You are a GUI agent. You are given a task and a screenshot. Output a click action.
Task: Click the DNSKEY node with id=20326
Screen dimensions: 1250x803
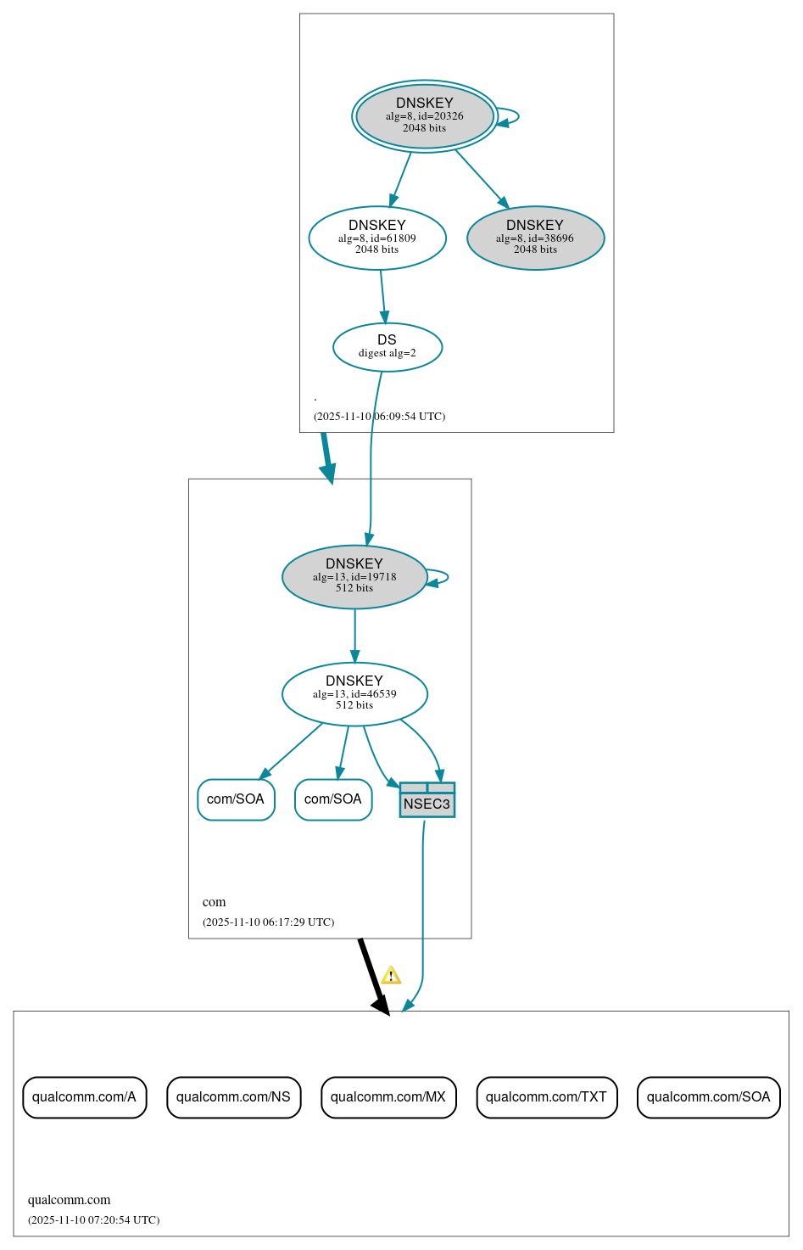pyautogui.click(x=424, y=116)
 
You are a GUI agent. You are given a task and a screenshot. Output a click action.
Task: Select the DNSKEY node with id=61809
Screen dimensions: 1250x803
pyautogui.click(x=377, y=238)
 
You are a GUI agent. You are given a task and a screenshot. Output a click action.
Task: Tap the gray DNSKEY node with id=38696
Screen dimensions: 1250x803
pyautogui.click(x=535, y=238)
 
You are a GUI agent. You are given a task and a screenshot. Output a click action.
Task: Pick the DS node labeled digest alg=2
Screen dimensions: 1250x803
pyautogui.click(x=387, y=347)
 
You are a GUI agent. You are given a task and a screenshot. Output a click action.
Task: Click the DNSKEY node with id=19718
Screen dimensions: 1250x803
pyautogui.click(x=354, y=577)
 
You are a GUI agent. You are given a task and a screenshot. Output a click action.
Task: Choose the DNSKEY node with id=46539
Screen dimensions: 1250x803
pyautogui.click(x=354, y=694)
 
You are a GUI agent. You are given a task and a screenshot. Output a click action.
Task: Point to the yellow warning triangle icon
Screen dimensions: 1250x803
pyautogui.click(x=391, y=976)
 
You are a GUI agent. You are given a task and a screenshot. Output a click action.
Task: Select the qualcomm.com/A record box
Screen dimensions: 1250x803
pyautogui.click(x=84, y=1097)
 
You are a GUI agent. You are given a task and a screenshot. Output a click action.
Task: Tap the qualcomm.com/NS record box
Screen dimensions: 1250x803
pyautogui.click(x=233, y=1097)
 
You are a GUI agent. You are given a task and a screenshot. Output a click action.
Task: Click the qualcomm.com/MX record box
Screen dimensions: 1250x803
pyautogui.click(x=388, y=1097)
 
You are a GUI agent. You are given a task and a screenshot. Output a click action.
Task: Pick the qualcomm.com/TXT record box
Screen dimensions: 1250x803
pyautogui.click(x=546, y=1097)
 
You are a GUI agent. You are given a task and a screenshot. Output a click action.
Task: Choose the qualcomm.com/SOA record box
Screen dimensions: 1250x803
pyautogui.click(x=708, y=1097)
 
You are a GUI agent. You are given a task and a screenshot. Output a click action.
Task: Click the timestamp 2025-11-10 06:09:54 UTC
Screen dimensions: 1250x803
pyautogui.click(x=379, y=417)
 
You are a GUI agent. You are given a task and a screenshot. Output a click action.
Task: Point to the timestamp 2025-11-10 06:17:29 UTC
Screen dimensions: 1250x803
pyautogui.click(x=268, y=922)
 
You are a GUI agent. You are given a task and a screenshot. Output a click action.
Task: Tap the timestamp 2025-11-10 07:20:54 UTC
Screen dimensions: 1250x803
pyautogui.click(x=93, y=1220)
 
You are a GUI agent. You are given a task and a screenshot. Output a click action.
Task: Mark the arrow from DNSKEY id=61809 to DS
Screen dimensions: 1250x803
pyautogui.click(x=382, y=296)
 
